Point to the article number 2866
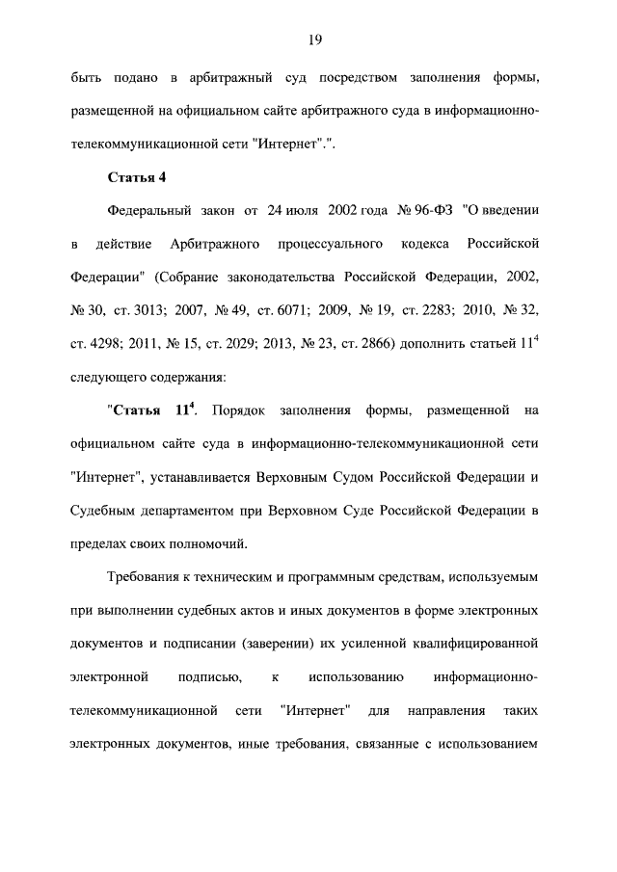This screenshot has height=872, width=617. tap(336, 345)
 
